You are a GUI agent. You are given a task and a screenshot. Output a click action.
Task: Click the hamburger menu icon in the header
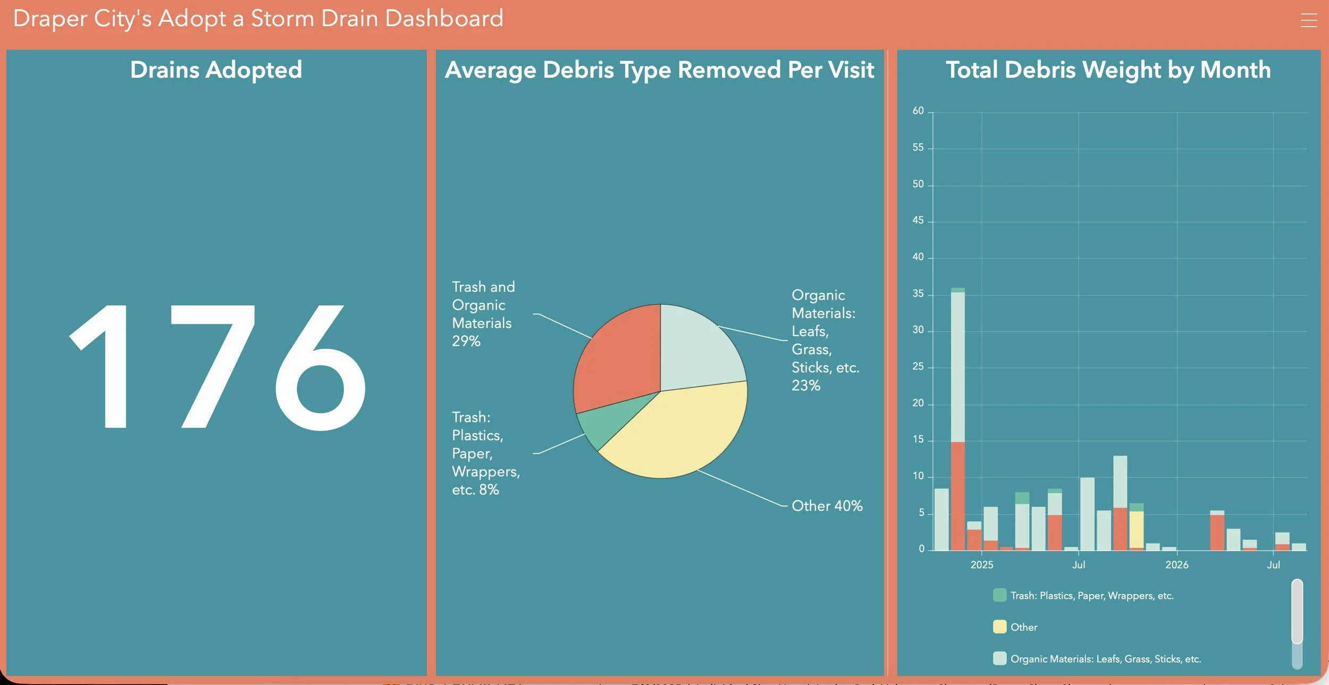(1309, 20)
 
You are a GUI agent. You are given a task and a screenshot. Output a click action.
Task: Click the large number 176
(217, 367)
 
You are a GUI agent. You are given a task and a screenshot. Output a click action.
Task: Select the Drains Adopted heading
(216, 70)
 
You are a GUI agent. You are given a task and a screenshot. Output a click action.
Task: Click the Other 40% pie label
(827, 506)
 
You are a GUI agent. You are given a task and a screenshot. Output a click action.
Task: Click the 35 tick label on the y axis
(918, 294)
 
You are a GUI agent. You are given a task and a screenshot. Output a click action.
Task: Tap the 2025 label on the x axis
(982, 565)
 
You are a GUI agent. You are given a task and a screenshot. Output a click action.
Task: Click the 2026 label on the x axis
(1177, 565)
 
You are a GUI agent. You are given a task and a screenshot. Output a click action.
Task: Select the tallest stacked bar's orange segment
(958, 496)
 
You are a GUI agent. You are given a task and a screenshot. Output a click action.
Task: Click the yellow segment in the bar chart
(1137, 530)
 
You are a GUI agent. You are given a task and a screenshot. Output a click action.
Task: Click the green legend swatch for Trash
(999, 595)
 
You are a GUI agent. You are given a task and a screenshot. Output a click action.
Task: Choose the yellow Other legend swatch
(999, 627)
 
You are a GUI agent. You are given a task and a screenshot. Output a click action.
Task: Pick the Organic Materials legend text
(1106, 659)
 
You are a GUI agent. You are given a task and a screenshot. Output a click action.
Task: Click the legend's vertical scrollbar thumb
(1297, 612)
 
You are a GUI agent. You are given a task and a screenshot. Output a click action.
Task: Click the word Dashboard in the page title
(444, 19)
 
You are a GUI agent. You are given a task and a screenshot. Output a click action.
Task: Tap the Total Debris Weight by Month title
(1108, 70)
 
